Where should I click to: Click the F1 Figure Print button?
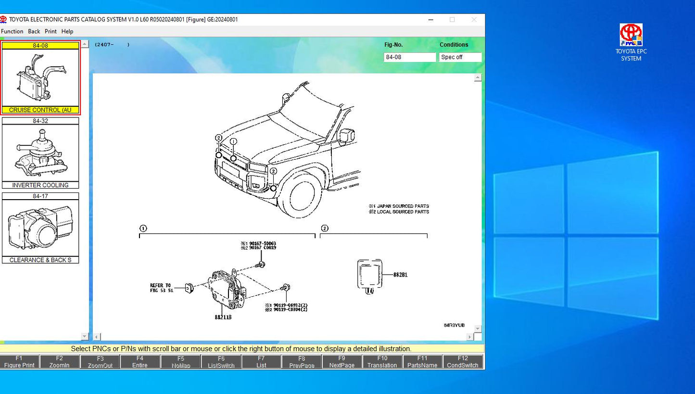pos(19,362)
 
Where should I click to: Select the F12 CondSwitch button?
pos(462,362)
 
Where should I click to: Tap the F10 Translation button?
pos(382,362)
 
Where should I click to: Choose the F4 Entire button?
pos(140,362)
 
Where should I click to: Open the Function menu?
pos(12,31)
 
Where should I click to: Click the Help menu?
pos(67,31)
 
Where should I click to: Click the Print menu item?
pos(51,31)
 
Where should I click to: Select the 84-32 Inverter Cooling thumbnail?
pos(40,153)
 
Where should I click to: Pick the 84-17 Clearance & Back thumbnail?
pos(40,228)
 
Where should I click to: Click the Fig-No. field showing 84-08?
pos(409,57)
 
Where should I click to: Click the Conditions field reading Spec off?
pos(460,57)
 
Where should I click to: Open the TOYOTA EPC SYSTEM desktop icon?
pos(631,42)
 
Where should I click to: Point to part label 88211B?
pos(223,318)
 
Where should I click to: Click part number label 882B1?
pos(400,275)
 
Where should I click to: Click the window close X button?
pos(474,20)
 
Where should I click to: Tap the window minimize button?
pos(430,20)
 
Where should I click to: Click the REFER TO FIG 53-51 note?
pos(161,288)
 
